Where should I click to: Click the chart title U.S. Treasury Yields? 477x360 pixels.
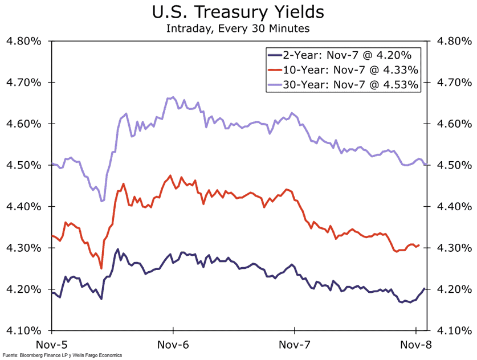[238, 12]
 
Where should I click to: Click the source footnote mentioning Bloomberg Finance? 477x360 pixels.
[62, 355]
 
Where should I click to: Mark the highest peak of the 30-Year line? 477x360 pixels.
[172, 97]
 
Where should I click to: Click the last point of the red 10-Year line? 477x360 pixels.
[419, 246]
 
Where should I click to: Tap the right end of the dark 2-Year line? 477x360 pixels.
[424, 289]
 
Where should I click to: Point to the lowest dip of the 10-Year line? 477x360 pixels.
[101, 268]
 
